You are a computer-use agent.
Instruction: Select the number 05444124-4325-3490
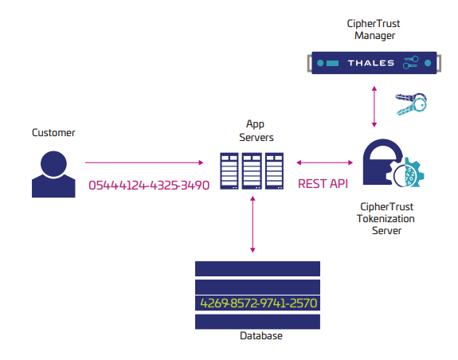point(148,186)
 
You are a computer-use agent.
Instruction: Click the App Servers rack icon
point(252,170)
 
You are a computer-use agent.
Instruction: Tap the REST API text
point(323,184)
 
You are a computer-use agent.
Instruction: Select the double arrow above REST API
point(323,162)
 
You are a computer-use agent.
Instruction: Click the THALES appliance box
point(374,63)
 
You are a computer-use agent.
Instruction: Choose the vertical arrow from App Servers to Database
point(252,224)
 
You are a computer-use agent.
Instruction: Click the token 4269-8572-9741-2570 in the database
point(257,303)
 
